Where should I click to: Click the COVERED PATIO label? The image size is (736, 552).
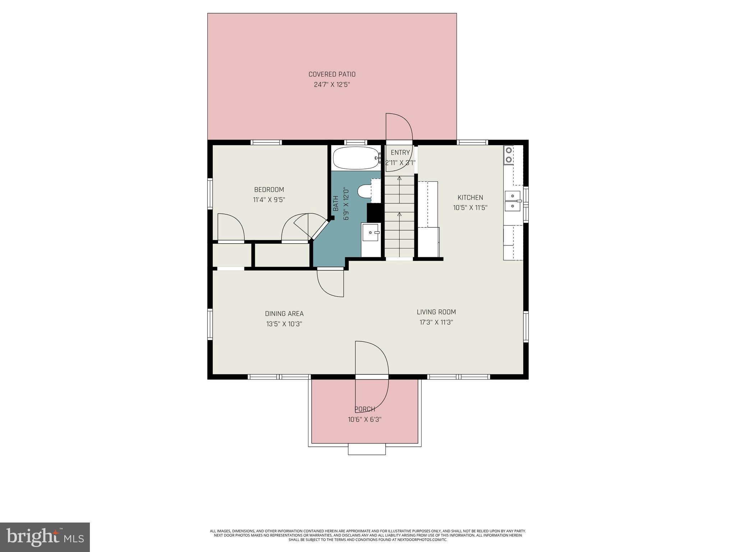point(332,74)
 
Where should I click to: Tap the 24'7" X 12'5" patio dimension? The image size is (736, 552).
point(332,85)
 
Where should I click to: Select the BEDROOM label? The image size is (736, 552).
point(269,189)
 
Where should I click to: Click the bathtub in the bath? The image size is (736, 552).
point(355,158)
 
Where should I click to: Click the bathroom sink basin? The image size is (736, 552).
point(371,233)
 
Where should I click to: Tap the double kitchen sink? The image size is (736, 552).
point(513,201)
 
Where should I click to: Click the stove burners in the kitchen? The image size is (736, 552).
point(509,155)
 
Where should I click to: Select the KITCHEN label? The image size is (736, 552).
point(470,197)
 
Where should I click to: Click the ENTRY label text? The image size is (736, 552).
point(400,152)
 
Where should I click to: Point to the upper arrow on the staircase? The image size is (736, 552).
point(399,179)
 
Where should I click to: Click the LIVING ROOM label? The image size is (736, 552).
point(436,312)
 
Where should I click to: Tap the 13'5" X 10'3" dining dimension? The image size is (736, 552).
point(284,324)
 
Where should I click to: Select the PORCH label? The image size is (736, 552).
point(365,409)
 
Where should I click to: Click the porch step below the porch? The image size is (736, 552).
point(367,450)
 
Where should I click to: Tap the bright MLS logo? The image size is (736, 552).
point(45,537)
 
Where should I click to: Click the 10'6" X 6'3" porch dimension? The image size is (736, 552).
point(364,419)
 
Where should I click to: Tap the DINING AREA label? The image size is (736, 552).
point(284,314)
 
